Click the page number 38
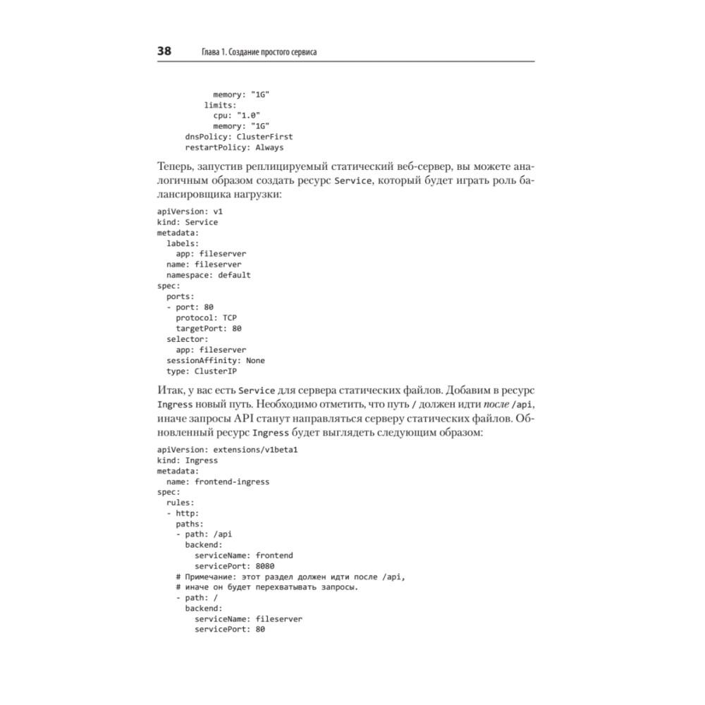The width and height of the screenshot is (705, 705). [164, 51]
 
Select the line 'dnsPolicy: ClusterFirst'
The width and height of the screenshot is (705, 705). [238, 137]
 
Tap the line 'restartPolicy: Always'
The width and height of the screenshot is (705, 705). [233, 147]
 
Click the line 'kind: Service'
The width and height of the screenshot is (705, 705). [187, 222]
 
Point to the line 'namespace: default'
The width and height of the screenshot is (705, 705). [208, 275]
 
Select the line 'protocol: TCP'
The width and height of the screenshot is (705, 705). [206, 317]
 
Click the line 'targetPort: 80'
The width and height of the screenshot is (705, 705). [209, 328]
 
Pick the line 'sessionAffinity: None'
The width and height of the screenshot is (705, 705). [215, 360]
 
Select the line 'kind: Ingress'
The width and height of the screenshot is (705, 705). [187, 460]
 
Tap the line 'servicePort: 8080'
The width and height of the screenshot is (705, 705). [234, 566]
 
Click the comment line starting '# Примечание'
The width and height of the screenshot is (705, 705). [290, 577]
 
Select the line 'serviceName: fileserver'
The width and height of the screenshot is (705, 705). [248, 619]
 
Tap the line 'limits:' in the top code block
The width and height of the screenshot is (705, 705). [220, 105]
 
